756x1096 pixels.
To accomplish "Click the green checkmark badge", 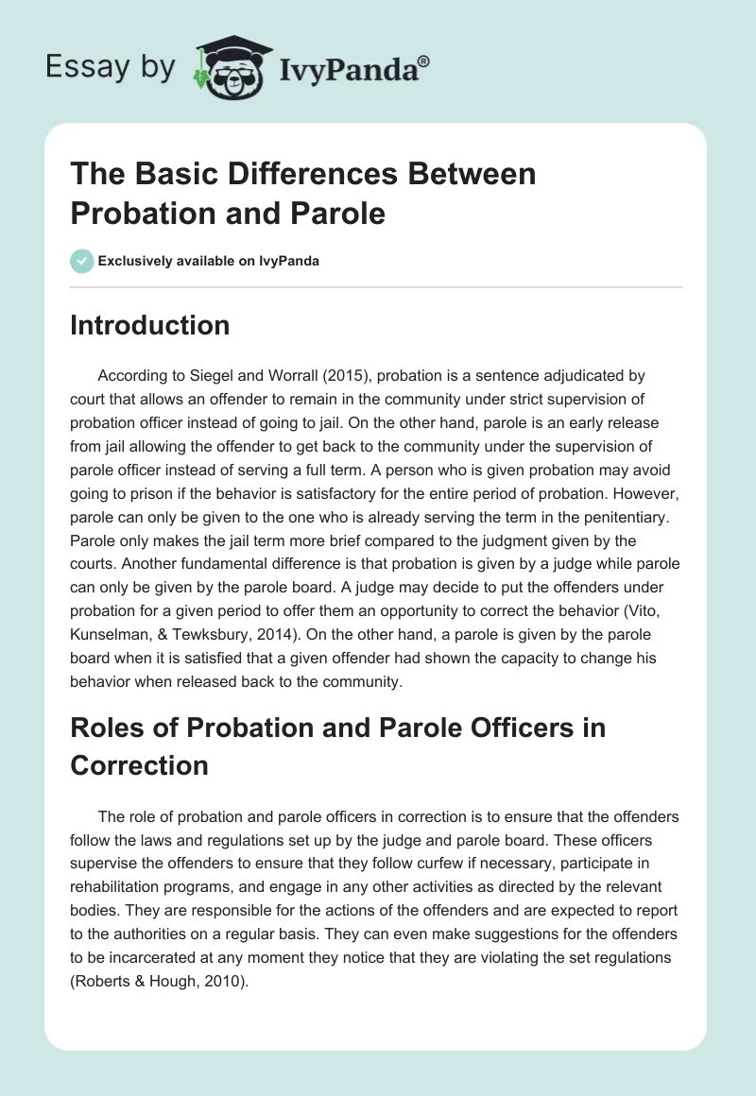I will tap(83, 261).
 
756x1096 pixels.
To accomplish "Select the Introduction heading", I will tap(149, 325).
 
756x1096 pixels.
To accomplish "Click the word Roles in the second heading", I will tap(106, 728).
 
